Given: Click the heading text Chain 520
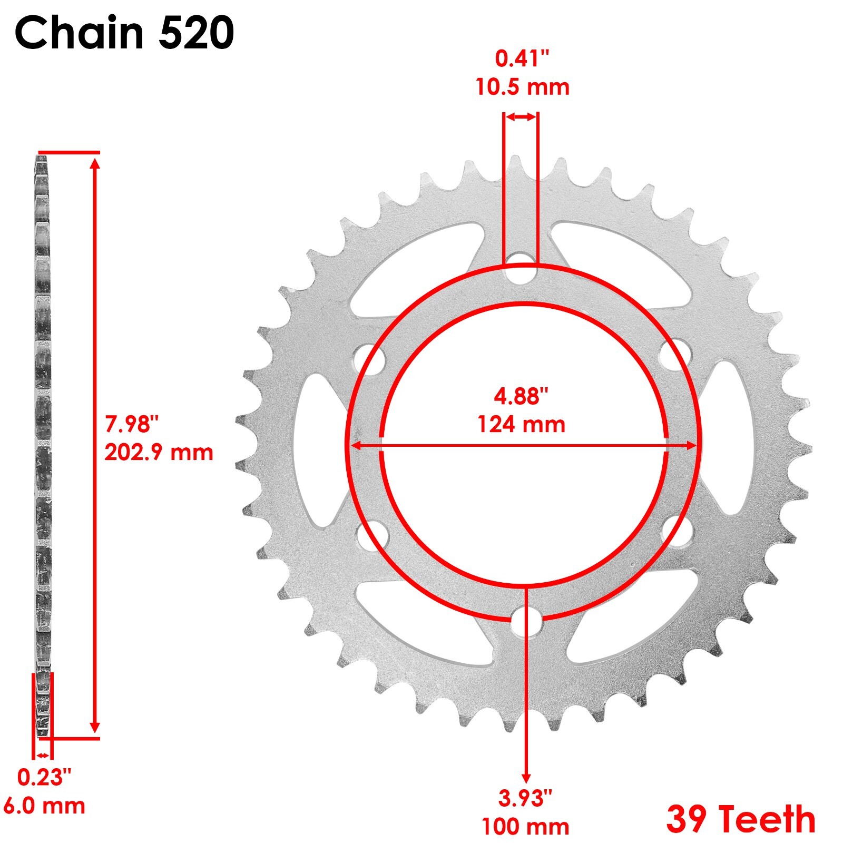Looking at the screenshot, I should (x=124, y=33).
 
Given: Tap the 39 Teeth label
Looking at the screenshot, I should (x=741, y=819).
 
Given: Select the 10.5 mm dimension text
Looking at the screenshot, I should (x=522, y=87).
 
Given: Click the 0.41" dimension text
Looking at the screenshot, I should (x=522, y=58).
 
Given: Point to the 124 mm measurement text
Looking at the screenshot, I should (x=521, y=424).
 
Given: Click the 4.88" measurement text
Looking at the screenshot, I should (x=521, y=396).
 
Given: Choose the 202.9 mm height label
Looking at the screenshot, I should (x=159, y=452).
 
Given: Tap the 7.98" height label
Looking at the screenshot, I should (x=132, y=423).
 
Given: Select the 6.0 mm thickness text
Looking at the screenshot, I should (x=44, y=806).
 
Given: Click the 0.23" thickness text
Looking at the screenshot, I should (x=44, y=777).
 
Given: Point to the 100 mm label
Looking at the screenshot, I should (x=525, y=827).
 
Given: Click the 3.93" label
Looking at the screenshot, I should (x=525, y=798).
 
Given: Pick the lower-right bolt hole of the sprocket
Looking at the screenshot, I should (x=677, y=533).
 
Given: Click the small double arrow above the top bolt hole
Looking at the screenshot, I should (x=521, y=117).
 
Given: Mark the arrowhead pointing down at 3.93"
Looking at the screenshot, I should (x=526, y=778).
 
